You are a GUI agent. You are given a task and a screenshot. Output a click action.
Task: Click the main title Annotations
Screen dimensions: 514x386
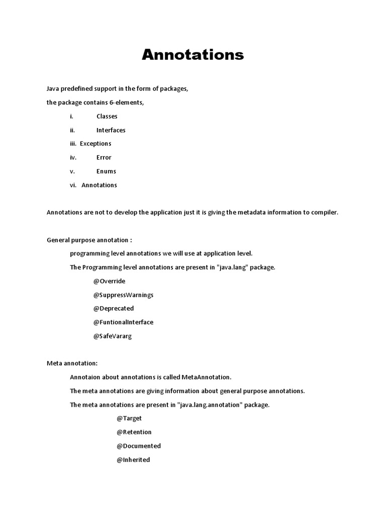click(192, 55)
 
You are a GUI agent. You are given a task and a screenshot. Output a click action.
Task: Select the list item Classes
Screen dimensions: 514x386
click(107, 116)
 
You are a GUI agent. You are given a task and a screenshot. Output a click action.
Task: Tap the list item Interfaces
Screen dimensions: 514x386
click(111, 130)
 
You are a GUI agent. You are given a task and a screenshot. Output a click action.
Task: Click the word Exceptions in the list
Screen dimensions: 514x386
click(95, 144)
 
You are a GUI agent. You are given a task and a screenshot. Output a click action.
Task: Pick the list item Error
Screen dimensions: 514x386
click(104, 158)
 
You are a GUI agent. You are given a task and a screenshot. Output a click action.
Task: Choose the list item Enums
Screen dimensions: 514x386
click(106, 171)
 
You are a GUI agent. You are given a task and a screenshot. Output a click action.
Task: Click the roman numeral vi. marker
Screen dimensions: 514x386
click(73, 185)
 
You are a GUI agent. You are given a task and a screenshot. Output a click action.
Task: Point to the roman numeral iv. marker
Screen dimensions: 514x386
click(73, 158)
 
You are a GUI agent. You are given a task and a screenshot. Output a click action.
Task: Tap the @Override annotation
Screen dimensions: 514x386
click(109, 281)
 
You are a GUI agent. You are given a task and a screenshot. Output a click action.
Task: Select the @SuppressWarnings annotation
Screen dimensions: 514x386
click(123, 295)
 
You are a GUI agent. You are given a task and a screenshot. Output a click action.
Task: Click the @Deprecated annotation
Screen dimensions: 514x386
click(113, 309)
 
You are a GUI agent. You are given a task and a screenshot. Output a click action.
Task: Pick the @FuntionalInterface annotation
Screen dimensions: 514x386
click(123, 322)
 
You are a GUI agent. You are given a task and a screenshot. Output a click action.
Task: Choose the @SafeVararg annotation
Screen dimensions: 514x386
click(112, 336)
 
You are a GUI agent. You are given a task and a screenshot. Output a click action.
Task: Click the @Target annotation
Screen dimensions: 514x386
click(129, 419)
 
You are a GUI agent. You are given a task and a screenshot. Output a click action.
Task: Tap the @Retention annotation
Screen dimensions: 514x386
click(134, 432)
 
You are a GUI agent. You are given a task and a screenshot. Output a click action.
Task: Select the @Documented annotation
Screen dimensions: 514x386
click(138, 446)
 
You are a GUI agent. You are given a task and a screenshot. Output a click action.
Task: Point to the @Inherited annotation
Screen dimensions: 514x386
click(133, 460)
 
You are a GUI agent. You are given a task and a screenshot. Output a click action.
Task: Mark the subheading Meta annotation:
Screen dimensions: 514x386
click(72, 363)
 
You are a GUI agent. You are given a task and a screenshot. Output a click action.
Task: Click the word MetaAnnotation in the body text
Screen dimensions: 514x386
click(209, 377)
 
